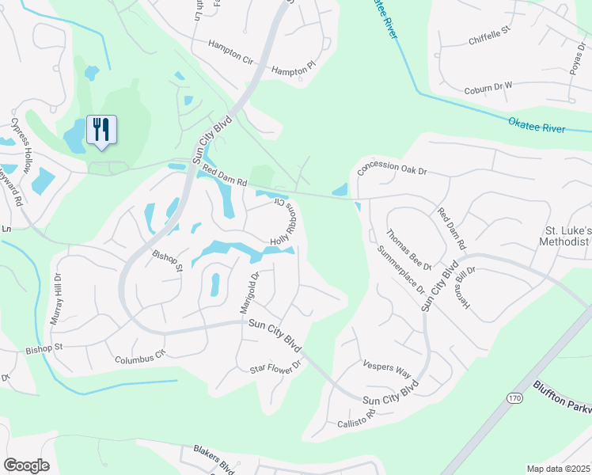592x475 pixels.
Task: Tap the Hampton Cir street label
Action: point(230,47)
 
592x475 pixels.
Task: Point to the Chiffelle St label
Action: point(491,39)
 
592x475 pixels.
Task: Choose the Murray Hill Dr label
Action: point(57,295)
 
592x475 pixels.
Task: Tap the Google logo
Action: point(27,465)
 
